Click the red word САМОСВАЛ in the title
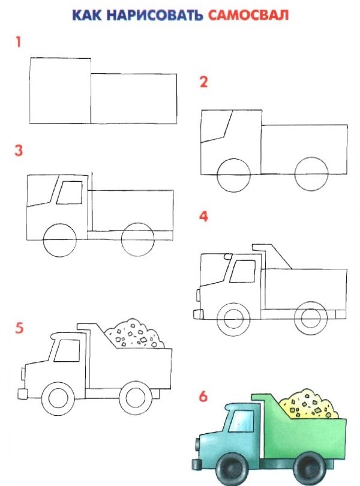(x=248, y=15)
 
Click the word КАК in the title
(x=87, y=15)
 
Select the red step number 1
(x=19, y=42)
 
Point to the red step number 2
(x=203, y=82)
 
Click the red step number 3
(x=19, y=151)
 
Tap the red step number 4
(x=203, y=217)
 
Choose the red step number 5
(x=19, y=328)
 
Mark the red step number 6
(x=203, y=397)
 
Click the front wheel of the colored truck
(x=232, y=469)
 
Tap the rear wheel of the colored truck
(x=310, y=468)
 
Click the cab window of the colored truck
(x=241, y=421)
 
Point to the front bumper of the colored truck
(x=197, y=464)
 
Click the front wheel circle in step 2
(x=233, y=175)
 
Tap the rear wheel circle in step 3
(x=137, y=239)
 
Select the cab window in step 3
(x=70, y=193)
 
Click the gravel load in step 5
(x=135, y=334)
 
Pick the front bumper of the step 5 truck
(x=22, y=394)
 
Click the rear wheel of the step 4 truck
(x=310, y=319)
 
